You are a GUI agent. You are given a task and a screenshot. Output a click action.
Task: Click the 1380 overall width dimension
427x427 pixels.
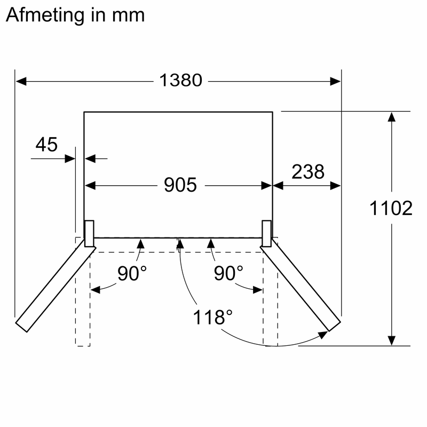pos(180,81)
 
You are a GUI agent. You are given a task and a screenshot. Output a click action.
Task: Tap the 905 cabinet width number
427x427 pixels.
pos(180,185)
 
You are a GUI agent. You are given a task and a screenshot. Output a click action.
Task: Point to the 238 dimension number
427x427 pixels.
pos(307,172)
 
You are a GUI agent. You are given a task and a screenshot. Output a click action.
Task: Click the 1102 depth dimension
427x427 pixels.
pos(391,209)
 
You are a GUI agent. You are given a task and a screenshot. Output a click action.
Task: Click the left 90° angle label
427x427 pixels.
pos(132,274)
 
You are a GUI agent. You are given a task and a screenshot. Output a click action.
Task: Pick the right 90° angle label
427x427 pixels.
pos(228,274)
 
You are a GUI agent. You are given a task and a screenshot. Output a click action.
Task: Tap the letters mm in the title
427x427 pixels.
pos(128,15)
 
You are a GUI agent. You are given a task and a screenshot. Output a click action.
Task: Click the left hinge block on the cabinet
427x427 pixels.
pos(89,233)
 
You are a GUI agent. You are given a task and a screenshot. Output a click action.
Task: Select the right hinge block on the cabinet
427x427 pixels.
pos(267,233)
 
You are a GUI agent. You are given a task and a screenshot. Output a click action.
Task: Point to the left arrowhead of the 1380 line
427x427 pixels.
pos(20,81)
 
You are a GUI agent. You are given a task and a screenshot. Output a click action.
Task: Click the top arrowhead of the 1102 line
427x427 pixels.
pos(392,117)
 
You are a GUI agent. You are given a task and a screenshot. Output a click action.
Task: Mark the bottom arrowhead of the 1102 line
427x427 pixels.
pos(392,341)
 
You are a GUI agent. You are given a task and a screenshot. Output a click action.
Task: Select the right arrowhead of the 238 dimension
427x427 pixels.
pos(336,186)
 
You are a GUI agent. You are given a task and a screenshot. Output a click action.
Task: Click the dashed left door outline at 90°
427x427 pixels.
pos(83,299)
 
